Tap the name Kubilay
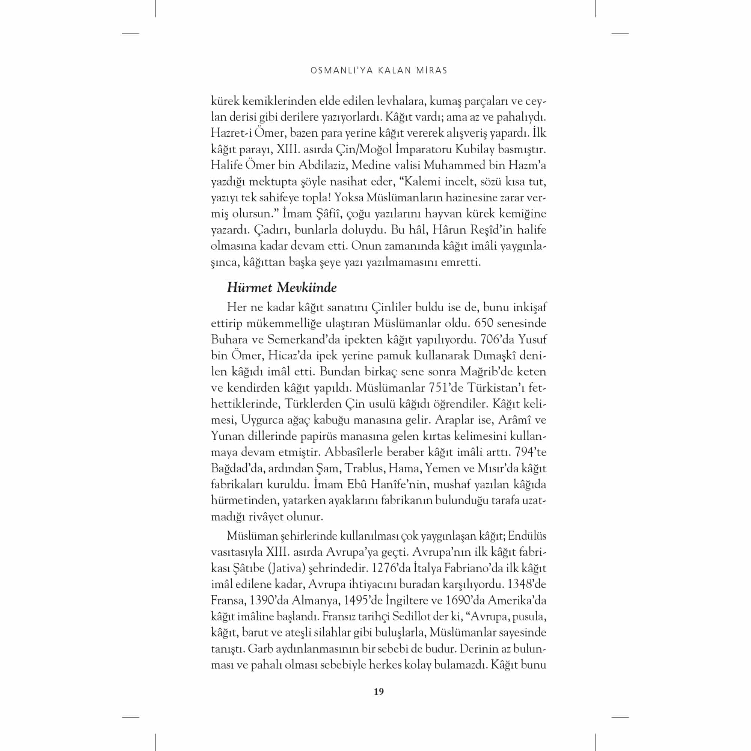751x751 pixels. pos(477,149)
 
